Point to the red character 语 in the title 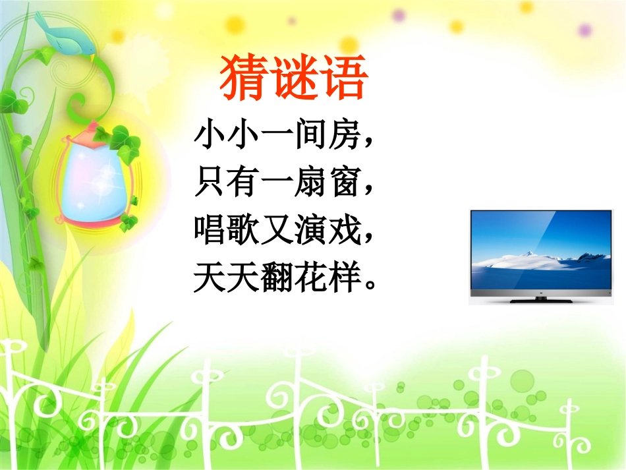(x=343, y=77)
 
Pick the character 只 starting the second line (x=210, y=182)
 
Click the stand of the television (x=542, y=299)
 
